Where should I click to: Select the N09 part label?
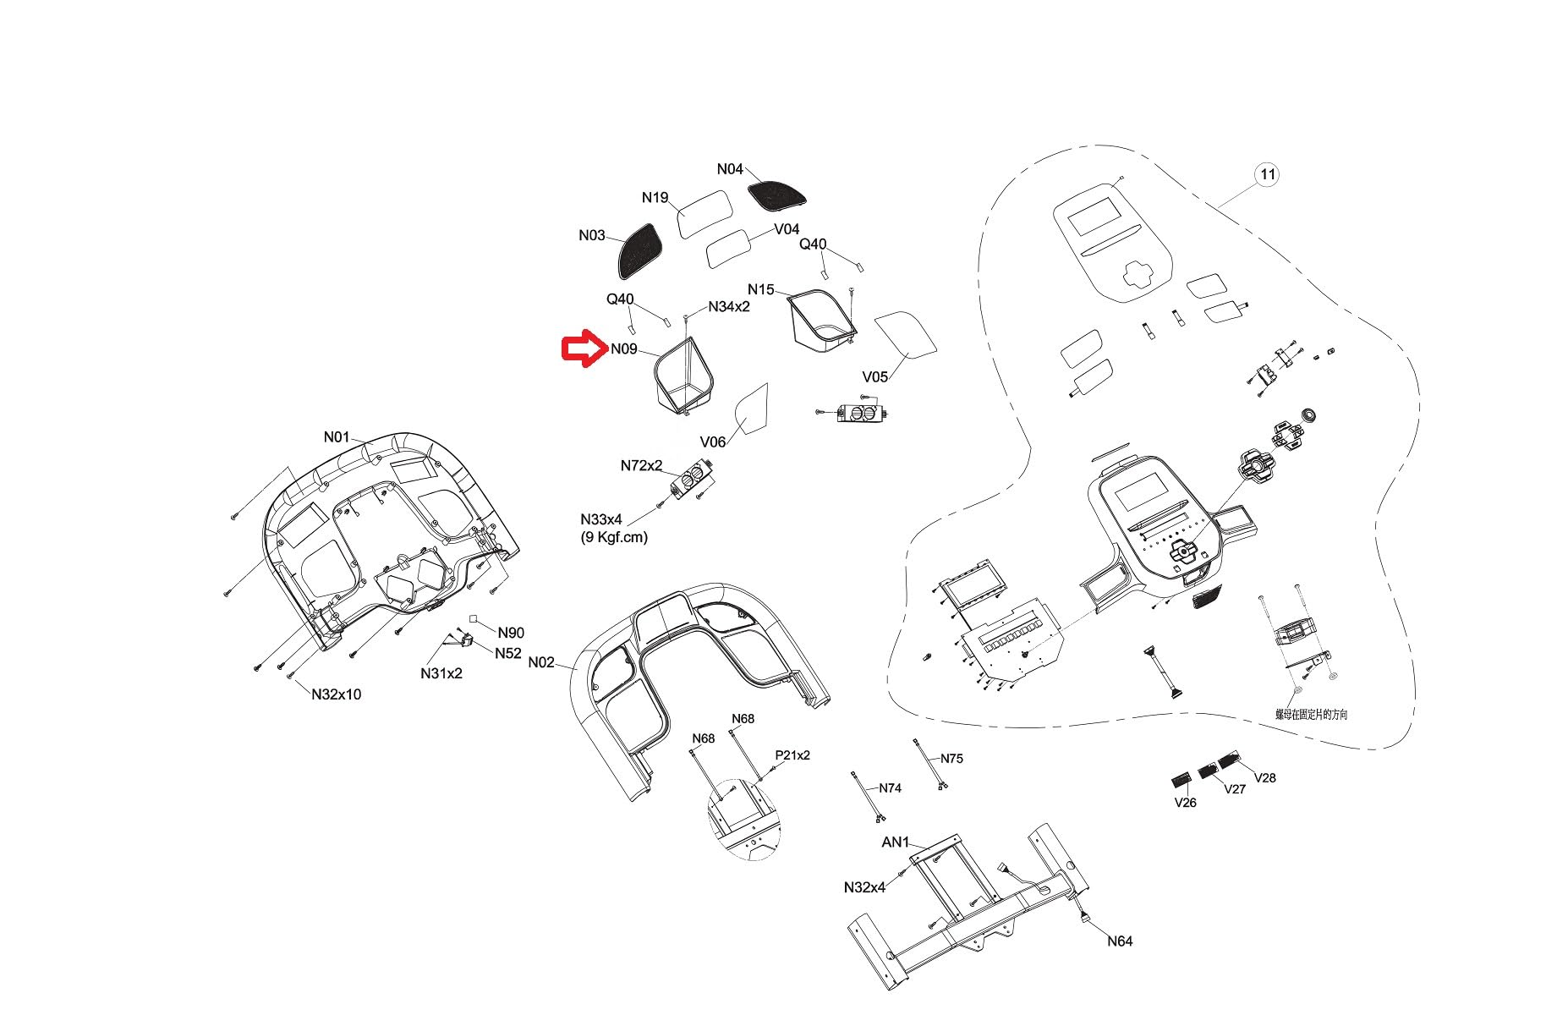pyautogui.click(x=624, y=349)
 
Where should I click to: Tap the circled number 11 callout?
pyautogui.click(x=1267, y=175)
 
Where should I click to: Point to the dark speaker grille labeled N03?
pyautogui.click(x=636, y=251)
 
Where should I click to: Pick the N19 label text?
pyautogui.click(x=655, y=198)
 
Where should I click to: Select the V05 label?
pyautogui.click(x=875, y=376)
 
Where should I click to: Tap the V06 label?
pyautogui.click(x=713, y=442)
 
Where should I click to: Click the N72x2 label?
pyautogui.click(x=641, y=466)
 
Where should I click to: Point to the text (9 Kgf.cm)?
pyautogui.click(x=615, y=536)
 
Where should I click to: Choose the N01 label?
pyautogui.click(x=337, y=437)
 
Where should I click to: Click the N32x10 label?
pyautogui.click(x=336, y=694)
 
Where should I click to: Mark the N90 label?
pyautogui.click(x=511, y=633)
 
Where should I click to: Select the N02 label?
pyautogui.click(x=541, y=662)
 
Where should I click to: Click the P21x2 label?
pyautogui.click(x=792, y=755)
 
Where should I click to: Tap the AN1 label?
pyautogui.click(x=896, y=842)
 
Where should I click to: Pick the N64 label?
pyautogui.click(x=1120, y=941)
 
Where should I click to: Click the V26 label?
pyautogui.click(x=1186, y=803)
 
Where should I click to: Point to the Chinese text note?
pyautogui.click(x=1312, y=715)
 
